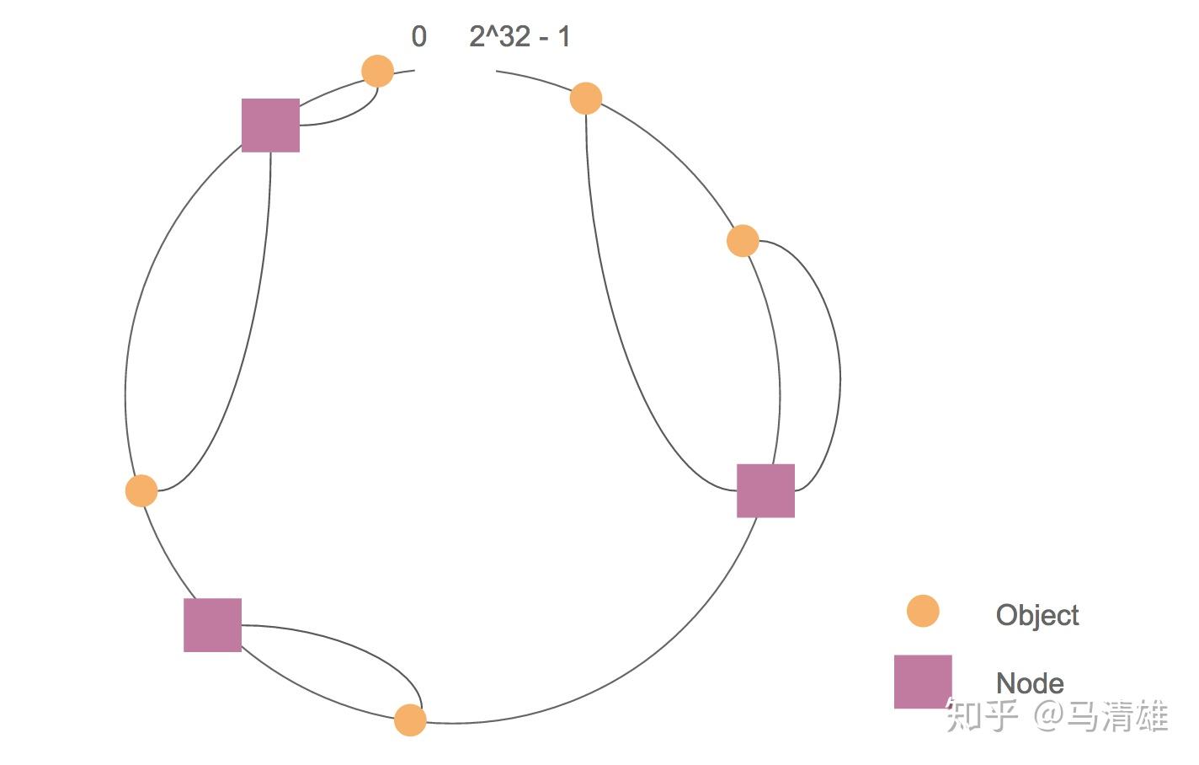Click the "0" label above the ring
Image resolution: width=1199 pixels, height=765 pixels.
(418, 37)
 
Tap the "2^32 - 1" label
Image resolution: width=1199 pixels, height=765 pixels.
(519, 37)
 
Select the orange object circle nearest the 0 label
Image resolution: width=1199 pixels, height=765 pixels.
(377, 71)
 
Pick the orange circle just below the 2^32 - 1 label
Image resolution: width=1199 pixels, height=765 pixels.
(586, 99)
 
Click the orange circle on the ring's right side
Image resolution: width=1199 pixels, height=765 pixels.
(743, 241)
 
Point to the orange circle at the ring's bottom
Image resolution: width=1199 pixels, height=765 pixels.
(410, 720)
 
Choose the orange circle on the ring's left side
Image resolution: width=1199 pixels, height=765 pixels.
(141, 490)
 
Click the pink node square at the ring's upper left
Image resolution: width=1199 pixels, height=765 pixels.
(270, 126)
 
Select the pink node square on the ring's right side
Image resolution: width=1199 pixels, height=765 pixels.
(765, 490)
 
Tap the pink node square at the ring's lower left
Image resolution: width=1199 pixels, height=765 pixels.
(212, 625)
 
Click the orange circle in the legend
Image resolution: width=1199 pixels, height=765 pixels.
(923, 611)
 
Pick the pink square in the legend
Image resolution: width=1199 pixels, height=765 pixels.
(923, 682)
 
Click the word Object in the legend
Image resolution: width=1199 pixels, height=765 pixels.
(1036, 615)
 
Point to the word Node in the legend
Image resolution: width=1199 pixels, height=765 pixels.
(1029, 682)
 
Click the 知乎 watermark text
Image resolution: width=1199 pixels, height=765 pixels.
(982, 715)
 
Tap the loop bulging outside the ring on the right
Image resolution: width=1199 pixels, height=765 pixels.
(839, 371)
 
